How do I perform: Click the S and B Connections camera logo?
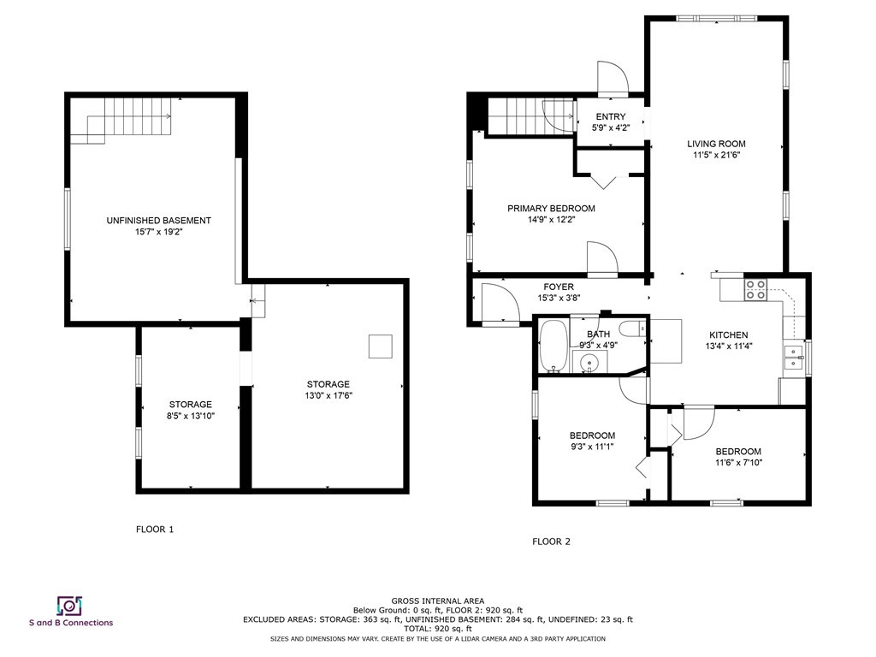pos(68,606)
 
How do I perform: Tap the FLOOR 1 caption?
pos(155,530)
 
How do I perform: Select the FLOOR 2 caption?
pos(551,542)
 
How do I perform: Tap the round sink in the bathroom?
pos(590,364)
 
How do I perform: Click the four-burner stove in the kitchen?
pos(755,290)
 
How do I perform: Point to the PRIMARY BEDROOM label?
pos(551,209)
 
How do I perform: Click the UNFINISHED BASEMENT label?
pos(158,221)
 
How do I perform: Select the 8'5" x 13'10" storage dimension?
pos(190,416)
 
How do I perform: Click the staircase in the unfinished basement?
pos(128,120)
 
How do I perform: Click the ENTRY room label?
pos(610,117)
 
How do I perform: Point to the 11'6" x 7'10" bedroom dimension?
pos(737,463)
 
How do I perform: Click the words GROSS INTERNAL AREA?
pos(437,601)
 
